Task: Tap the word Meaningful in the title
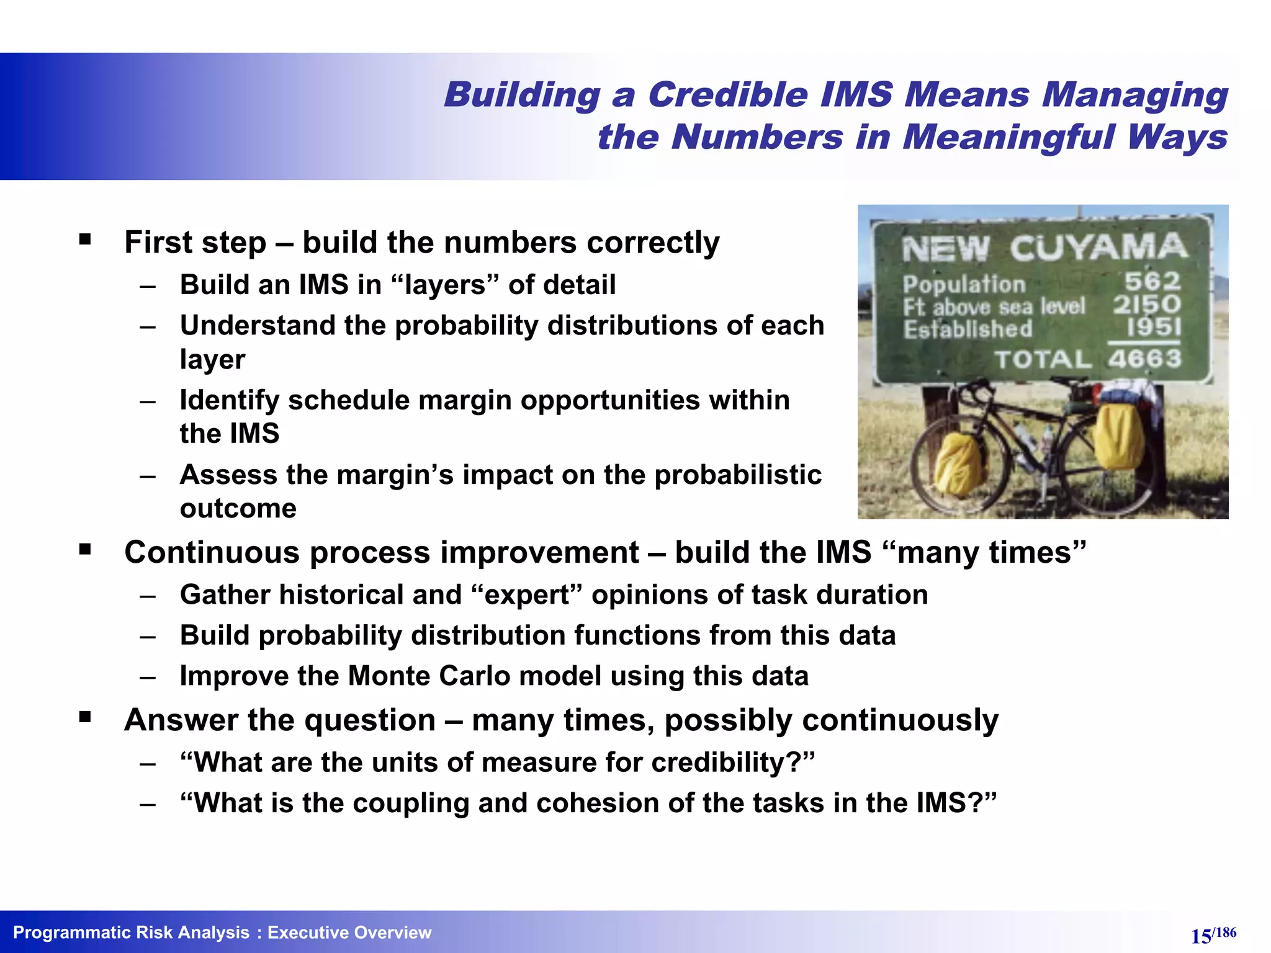coord(1008,137)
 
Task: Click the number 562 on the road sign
coord(1152,282)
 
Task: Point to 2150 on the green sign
coord(1146,305)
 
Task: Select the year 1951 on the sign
coord(1154,327)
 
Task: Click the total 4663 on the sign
coord(1144,359)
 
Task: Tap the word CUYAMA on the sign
coord(1097,248)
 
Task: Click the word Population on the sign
coord(964,284)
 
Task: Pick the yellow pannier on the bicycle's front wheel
coord(959,463)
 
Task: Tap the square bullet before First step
coord(85,239)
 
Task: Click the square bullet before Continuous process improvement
coord(85,549)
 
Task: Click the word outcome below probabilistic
coord(238,509)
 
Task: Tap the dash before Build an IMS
coord(148,286)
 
